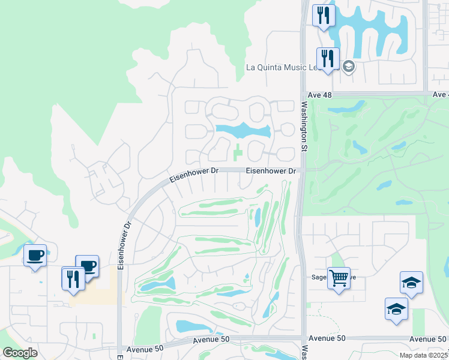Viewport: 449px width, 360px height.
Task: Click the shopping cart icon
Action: coord(339,278)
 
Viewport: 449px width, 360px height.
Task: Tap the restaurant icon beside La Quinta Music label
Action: coord(327,59)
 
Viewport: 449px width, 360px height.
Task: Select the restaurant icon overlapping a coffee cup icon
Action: coord(73,278)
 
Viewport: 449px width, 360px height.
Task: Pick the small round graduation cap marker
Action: coord(348,66)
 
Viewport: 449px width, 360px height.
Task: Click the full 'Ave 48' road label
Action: coord(319,95)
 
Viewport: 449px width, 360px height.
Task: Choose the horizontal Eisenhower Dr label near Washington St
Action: coord(271,171)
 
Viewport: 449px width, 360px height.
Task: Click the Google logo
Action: coord(20,352)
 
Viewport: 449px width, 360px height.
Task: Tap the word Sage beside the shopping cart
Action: coord(318,277)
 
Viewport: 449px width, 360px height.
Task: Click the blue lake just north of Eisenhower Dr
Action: coord(243,130)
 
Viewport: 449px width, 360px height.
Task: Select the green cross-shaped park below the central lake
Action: coord(238,152)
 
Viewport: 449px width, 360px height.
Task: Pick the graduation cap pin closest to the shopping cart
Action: coord(396,309)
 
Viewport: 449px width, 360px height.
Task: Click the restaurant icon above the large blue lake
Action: coord(324,15)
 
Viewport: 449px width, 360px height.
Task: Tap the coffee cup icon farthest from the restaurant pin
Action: coord(35,256)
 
